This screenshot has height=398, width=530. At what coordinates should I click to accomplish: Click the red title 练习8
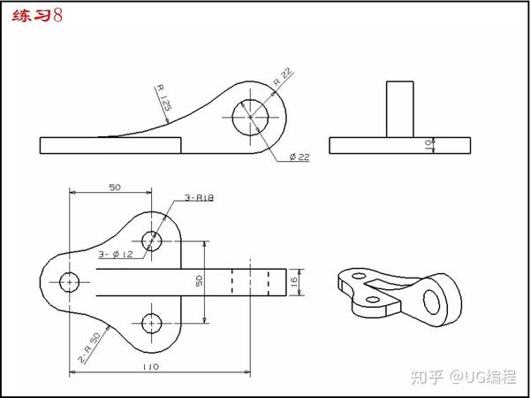point(37,16)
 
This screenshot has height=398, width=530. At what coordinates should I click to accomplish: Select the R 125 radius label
point(163,98)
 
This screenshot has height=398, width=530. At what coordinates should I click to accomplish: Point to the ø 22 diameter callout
point(299,157)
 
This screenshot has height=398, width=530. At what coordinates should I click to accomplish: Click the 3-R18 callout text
point(199,197)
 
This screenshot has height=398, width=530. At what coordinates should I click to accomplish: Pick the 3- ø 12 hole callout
point(116,255)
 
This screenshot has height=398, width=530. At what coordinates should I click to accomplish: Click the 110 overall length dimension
point(152,367)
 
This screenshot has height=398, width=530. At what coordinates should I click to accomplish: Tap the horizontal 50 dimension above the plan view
point(115,188)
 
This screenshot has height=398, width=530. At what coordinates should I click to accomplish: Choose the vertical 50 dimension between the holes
point(200,280)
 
